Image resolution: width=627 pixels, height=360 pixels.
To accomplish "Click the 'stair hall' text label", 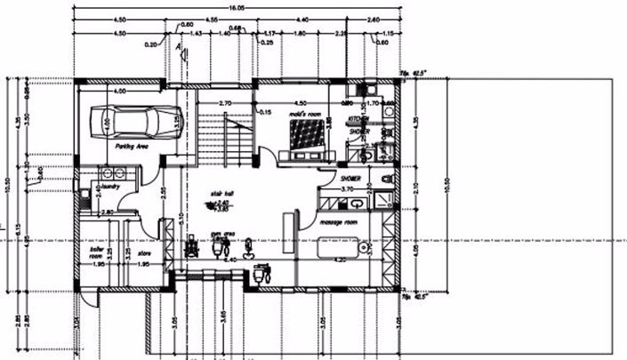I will pos(221,192).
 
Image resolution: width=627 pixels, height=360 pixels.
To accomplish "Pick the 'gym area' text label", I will pos(221,237).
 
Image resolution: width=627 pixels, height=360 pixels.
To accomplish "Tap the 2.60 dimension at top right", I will pos(373,19).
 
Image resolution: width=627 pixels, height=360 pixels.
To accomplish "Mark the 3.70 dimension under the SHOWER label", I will pos(348,188).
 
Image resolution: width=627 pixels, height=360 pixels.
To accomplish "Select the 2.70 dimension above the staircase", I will pos(225,103).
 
